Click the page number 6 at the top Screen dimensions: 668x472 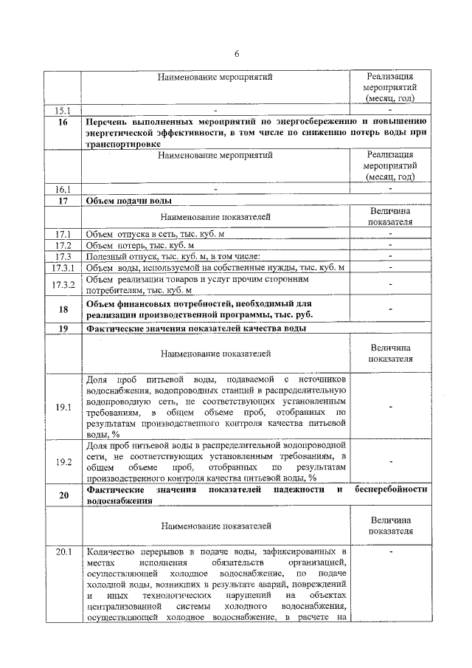(x=237, y=55)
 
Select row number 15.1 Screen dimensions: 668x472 (x=62, y=111)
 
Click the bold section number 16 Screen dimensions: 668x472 (x=62, y=122)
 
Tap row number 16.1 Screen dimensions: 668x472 (x=62, y=190)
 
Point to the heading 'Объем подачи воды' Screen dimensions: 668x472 (x=130, y=201)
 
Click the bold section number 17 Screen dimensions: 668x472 (x=62, y=201)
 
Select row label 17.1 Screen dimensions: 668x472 (x=62, y=234)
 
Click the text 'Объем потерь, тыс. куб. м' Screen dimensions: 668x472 (x=140, y=245)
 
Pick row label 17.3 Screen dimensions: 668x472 (x=62, y=256)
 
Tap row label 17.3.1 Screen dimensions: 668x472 (x=62, y=267)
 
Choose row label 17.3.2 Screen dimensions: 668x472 (x=62, y=285)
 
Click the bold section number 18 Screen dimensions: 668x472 (x=62, y=309)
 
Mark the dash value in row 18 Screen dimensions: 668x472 (x=390, y=309)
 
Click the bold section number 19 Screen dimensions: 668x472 (x=62, y=328)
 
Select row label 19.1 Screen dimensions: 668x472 (x=62, y=407)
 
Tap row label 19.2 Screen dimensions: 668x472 (x=62, y=462)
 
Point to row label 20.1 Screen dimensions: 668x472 (x=62, y=551)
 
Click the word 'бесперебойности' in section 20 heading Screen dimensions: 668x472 (x=391, y=489)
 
